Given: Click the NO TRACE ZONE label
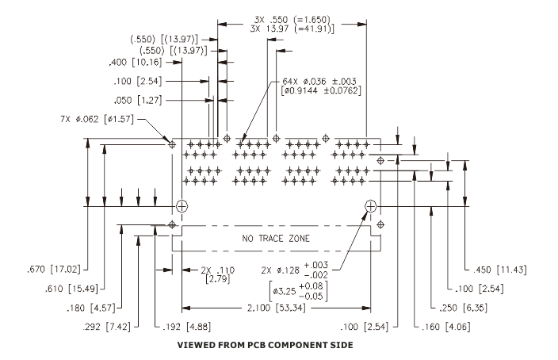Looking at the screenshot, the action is click(276, 238).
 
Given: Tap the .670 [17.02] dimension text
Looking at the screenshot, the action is click(54, 269).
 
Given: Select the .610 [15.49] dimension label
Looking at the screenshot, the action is click(71, 289).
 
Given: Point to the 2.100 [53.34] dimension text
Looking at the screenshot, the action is click(276, 308).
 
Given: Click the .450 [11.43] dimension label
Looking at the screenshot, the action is click(499, 270).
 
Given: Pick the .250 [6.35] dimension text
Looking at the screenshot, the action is click(463, 308).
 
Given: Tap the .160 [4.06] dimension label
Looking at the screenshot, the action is click(446, 327).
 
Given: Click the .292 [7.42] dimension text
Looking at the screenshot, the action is click(106, 327).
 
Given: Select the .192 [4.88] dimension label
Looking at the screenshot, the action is click(186, 327).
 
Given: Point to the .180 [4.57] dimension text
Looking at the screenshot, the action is click(90, 308).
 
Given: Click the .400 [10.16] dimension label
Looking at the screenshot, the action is click(136, 63).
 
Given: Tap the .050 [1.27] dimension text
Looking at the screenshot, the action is click(138, 101).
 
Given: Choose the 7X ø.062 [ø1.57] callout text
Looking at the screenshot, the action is click(97, 119).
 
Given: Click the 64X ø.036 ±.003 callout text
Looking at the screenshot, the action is click(319, 82).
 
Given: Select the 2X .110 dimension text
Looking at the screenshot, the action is click(218, 270).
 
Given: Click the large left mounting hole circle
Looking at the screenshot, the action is click(182, 206).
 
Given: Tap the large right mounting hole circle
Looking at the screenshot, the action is click(370, 206).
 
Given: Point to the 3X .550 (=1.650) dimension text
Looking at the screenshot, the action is click(292, 19).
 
